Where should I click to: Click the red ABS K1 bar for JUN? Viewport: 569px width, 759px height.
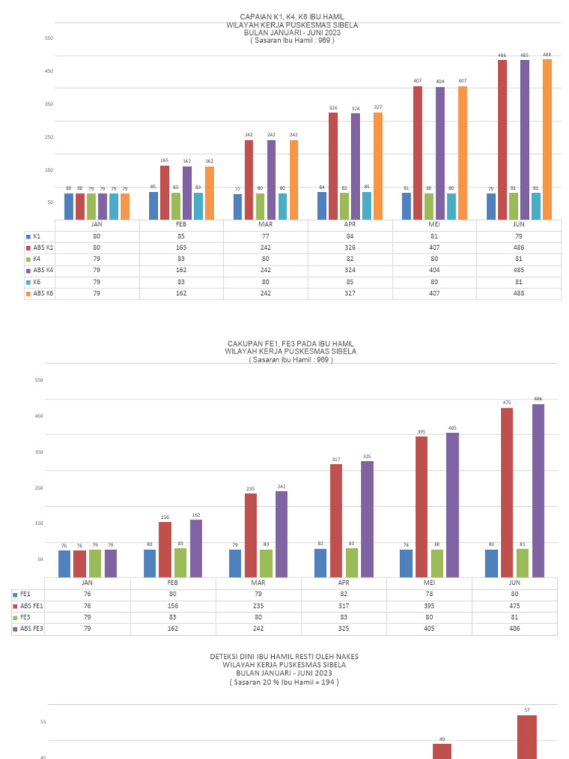pos(502,139)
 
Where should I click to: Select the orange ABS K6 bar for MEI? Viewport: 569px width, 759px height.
pos(463,153)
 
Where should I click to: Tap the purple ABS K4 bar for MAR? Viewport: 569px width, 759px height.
pos(271,179)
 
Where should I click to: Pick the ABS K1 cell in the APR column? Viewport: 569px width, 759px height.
pos(350,247)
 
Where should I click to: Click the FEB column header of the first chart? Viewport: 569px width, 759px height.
pos(182,224)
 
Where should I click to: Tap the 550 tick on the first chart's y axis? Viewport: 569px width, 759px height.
pos(50,38)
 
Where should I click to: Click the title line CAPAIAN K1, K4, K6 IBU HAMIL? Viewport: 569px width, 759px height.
pos(292,16)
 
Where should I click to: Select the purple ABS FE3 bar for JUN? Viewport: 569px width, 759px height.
pos(538,491)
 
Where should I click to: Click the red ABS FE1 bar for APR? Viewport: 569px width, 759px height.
pos(336,520)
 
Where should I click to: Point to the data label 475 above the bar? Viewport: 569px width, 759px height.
pos(507,402)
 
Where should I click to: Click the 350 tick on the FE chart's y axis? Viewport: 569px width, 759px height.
pos(40,452)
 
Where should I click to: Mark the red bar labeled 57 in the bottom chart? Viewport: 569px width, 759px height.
pos(527,737)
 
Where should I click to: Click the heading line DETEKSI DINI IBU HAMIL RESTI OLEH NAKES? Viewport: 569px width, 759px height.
pos(284,657)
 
